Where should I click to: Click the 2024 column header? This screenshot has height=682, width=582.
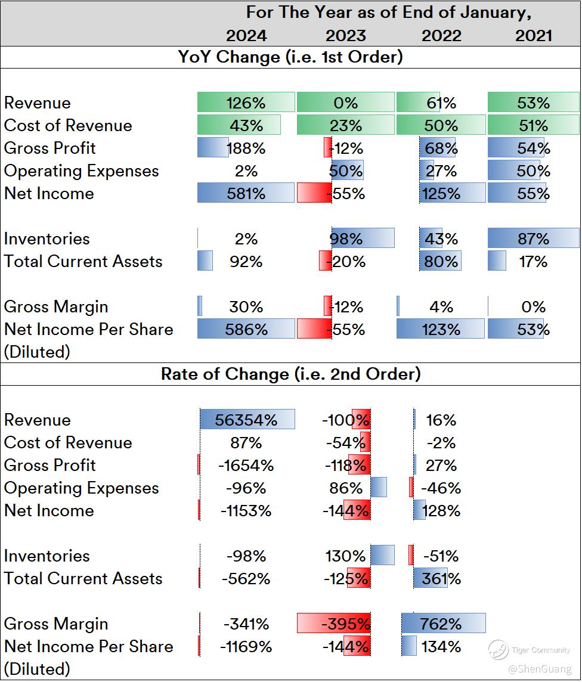pos(246,35)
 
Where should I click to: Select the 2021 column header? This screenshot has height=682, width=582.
pos(533,35)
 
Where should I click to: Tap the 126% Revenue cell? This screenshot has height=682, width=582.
pos(246,103)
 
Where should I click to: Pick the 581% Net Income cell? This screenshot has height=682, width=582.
pos(246,193)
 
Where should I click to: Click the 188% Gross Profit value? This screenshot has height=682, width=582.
pos(246,148)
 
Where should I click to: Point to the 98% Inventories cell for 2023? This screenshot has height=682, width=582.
pos(346,238)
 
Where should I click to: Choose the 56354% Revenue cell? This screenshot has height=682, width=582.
pos(247,420)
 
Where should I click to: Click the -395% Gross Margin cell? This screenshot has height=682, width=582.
pos(346,624)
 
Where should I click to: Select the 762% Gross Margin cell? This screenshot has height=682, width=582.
pos(442,624)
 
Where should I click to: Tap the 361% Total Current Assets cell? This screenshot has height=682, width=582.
pos(442,578)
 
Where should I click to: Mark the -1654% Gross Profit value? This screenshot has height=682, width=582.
pos(246,465)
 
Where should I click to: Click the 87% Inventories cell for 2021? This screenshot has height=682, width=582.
pos(533,238)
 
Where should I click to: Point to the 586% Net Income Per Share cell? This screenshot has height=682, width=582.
pos(246,329)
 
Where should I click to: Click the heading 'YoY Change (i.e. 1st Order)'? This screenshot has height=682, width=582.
pos(290,57)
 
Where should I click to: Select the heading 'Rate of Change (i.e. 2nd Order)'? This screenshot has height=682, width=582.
pos(290,374)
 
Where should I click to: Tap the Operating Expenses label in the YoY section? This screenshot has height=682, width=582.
pos(82,170)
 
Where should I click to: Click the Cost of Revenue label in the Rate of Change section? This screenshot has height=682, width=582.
pos(68,442)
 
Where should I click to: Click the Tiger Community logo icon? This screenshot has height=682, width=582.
pos(498,650)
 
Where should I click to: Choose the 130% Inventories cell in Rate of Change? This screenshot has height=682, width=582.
pos(346,556)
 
